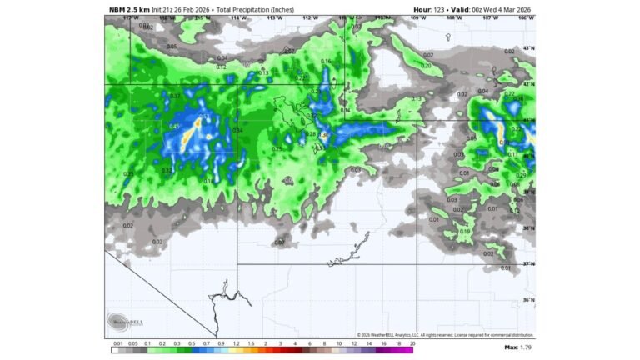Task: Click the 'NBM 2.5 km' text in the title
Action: tap(129, 10)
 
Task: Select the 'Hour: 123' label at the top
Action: tap(432, 10)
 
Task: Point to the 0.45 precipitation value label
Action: tap(174, 126)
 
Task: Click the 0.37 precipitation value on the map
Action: tap(175, 97)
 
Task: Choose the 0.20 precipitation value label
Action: tap(427, 65)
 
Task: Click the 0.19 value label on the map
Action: tap(465, 231)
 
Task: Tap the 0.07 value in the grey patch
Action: tap(280, 242)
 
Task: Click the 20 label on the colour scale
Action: tap(412, 342)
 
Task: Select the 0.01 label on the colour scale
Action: tap(117, 342)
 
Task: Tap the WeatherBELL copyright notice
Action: tap(446, 335)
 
